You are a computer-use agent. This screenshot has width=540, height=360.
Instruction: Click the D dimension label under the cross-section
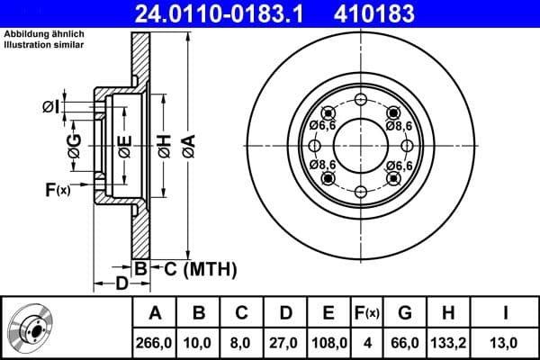pyautogui.click(x=121, y=284)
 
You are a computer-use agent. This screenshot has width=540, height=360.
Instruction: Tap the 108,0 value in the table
pyautogui.click(x=329, y=343)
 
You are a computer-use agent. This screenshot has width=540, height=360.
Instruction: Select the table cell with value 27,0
pyautogui.click(x=286, y=343)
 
